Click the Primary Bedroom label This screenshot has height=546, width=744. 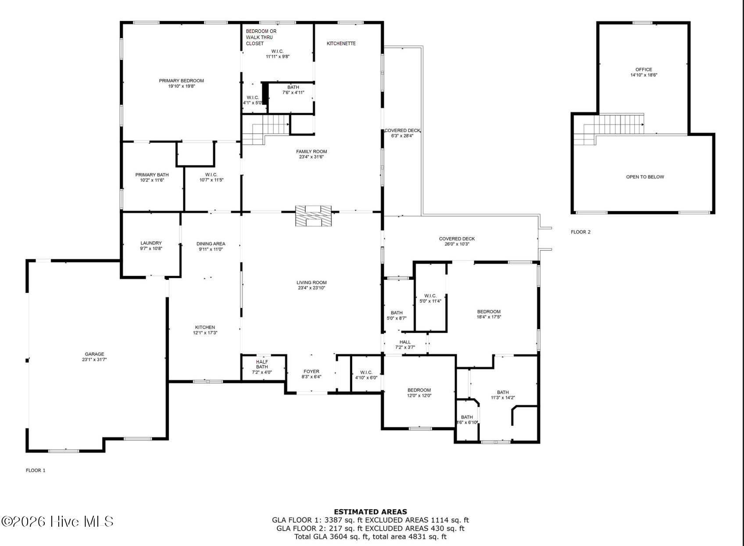181,81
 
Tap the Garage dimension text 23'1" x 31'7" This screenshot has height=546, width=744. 94,359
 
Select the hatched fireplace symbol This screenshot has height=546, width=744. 313,216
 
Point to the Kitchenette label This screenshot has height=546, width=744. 341,43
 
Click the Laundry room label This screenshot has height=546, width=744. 151,243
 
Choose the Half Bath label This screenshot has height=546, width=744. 262,364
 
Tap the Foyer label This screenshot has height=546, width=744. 311,371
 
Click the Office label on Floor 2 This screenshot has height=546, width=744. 644,69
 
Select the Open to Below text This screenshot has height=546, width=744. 645,177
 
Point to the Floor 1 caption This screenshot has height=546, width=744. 36,470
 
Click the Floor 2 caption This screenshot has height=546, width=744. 580,232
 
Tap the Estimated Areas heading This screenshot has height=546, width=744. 370,512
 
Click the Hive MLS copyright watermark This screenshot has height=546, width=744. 57,521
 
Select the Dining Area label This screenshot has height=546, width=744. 211,244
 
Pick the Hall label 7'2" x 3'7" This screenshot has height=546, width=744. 405,345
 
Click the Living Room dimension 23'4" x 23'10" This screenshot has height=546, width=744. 311,288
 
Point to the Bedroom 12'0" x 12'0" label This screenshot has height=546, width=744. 419,393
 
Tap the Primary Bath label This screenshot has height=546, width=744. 152,175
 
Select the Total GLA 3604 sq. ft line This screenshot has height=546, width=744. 370,537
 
